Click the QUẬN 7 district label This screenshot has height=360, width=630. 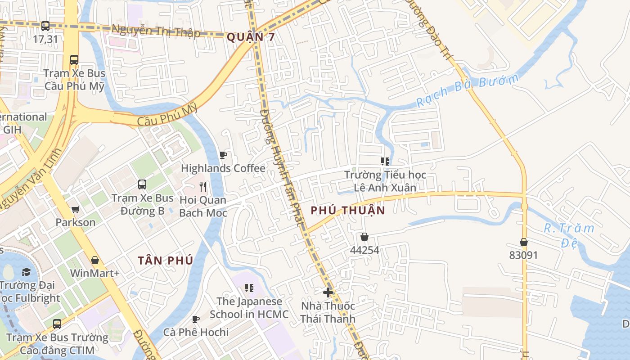click(x=251, y=37)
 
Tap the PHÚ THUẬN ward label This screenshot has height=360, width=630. click(x=348, y=210)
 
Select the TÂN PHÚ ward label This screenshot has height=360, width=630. click(x=166, y=260)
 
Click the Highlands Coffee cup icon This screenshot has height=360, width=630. click(x=223, y=155)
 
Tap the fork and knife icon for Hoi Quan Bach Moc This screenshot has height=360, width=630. click(x=203, y=186)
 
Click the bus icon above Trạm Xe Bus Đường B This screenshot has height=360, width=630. click(x=142, y=184)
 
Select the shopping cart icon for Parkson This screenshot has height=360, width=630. click(x=76, y=209)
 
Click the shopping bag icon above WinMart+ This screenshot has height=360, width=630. click(x=94, y=260)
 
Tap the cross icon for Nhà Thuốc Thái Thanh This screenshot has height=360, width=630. click(x=328, y=292)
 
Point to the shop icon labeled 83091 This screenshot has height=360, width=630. click(x=523, y=242)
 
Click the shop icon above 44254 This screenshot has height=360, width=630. click(x=364, y=237)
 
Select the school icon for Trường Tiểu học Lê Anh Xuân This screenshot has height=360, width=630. click(x=385, y=161)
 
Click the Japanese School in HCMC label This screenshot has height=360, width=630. click(x=249, y=308)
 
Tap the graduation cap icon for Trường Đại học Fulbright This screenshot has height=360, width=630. click(x=26, y=272)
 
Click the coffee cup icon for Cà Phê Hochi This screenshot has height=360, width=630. click(x=196, y=319)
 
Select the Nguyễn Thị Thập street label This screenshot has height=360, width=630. click(x=156, y=31)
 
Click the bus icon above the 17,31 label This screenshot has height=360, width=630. click(x=45, y=26)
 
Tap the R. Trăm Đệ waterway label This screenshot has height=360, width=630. click(x=569, y=235)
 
